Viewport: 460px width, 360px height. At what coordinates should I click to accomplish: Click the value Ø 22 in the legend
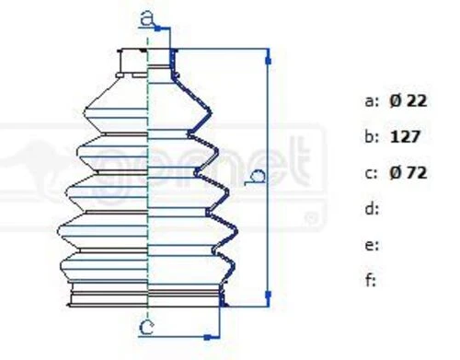point(408,101)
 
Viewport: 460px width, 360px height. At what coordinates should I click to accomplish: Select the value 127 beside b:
point(405,137)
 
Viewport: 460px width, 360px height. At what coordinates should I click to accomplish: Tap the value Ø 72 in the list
point(408,173)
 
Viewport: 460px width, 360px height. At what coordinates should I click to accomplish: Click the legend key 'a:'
point(372,101)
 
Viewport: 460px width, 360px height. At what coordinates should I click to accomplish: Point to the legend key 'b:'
point(372,136)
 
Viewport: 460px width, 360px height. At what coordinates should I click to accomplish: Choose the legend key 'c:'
point(372,174)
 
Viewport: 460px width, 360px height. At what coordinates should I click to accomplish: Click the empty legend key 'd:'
point(372,209)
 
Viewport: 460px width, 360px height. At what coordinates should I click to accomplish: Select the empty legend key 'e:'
point(372,246)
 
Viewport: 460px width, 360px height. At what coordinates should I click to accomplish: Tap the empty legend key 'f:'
point(371,280)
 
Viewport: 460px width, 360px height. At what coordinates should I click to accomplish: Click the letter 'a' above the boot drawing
point(146,18)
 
